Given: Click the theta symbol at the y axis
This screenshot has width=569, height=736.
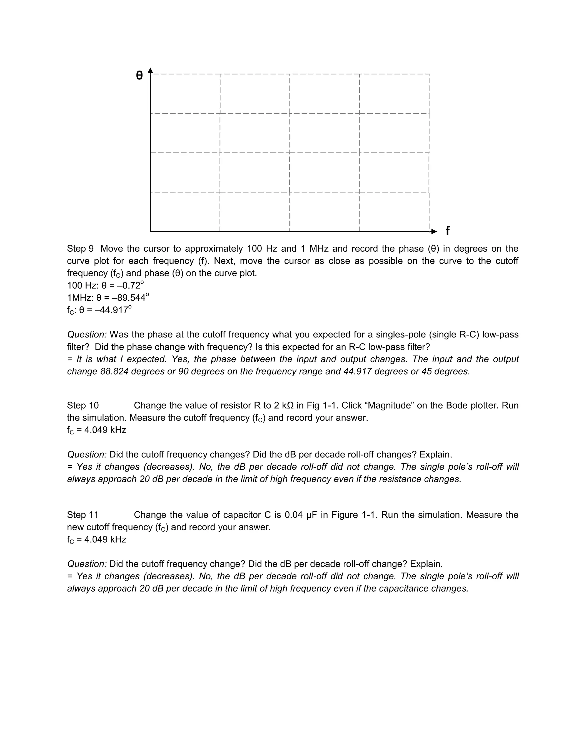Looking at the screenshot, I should (139, 76).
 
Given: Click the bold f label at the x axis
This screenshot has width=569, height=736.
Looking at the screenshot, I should (447, 231).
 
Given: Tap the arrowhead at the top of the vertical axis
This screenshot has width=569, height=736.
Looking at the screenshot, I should (151, 70).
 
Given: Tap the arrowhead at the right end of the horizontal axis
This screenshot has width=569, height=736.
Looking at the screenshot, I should (434, 232).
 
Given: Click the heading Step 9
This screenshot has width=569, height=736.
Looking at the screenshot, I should (80, 249).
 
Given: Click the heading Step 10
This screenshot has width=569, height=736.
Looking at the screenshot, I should (83, 405).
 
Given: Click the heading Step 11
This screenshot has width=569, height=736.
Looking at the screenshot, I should (83, 515).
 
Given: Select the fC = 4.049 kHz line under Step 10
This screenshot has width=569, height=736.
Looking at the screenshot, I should (96, 430).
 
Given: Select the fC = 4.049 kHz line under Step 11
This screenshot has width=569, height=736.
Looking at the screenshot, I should (96, 540).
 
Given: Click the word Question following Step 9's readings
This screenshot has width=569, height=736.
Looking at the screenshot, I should (87, 335).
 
